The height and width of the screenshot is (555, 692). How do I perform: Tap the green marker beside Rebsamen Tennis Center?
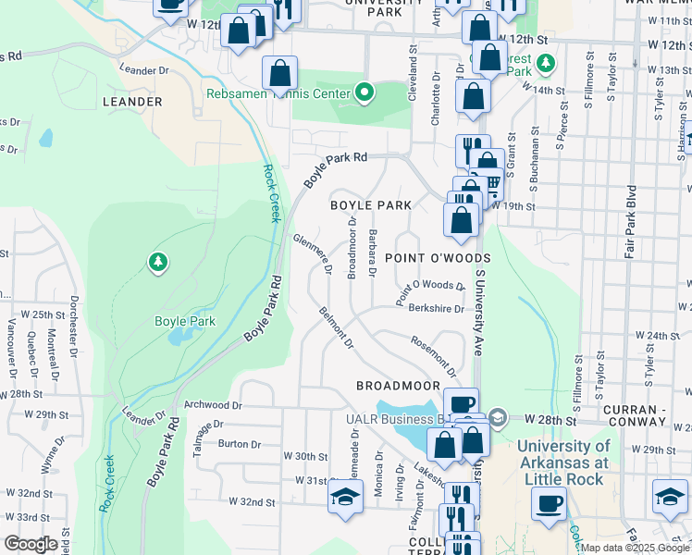[x=365, y=92]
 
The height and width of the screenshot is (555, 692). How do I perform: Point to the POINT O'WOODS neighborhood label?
[x=437, y=257]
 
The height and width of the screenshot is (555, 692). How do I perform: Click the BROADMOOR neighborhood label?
[x=396, y=384]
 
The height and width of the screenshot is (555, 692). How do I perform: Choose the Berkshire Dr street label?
[x=435, y=309]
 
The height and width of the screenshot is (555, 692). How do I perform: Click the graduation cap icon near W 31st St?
[x=344, y=496]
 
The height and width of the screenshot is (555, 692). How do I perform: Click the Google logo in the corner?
[x=31, y=544]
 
